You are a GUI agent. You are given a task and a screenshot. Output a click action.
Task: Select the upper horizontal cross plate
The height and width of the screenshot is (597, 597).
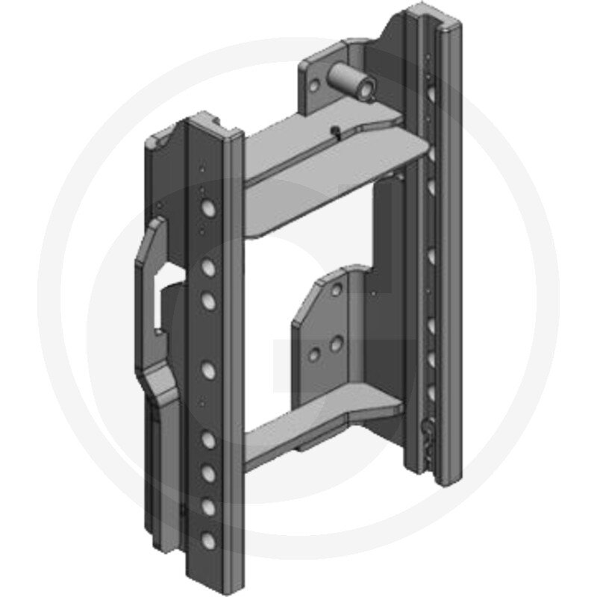328,146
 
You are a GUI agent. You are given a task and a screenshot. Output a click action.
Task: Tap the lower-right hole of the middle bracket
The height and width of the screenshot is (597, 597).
337,344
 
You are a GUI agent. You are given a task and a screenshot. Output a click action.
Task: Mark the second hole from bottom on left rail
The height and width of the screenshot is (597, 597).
209,507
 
